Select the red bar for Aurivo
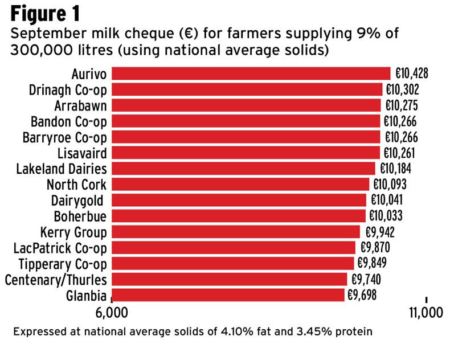(x=251, y=73)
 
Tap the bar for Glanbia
(x=228, y=294)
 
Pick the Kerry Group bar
(x=236, y=232)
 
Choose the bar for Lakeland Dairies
(x=243, y=169)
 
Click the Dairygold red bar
(x=239, y=200)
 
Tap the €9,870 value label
(x=374, y=247)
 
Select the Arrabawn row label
(x=81, y=105)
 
